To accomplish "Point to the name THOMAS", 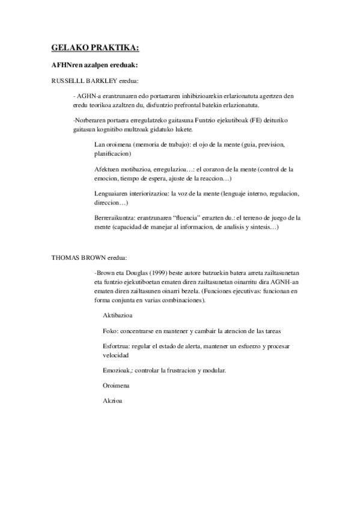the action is pyautogui.click(x=65, y=257).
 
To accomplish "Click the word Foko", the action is pyautogui.click(x=110, y=331).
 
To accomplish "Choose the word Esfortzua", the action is pyautogui.click(x=117, y=346).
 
